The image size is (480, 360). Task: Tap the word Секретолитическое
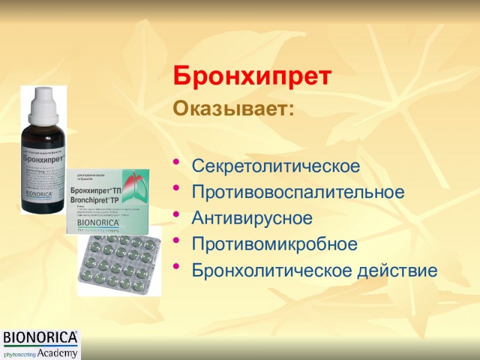[x=276, y=166]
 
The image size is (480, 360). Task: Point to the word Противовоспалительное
[x=298, y=193]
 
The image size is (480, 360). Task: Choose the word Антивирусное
[x=252, y=218]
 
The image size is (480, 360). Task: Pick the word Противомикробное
[x=275, y=245]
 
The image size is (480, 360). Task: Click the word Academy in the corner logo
[x=57, y=353]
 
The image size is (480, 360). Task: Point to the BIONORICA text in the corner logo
[x=41, y=338]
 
